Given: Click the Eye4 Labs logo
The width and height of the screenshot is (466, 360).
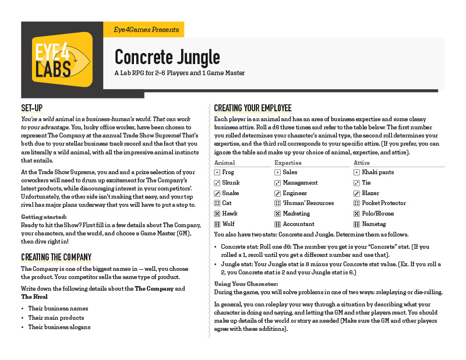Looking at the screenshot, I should (62, 60).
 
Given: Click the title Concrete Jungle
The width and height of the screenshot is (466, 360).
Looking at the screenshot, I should (167, 57).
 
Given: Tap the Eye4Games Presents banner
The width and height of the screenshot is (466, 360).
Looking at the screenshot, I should (142, 30).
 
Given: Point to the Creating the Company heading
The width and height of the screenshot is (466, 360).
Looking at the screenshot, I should (56, 257).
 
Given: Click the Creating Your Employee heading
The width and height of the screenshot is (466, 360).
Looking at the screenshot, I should (252, 109).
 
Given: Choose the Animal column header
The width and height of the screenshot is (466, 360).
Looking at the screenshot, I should (225, 163).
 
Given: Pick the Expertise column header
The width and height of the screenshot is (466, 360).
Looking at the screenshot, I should (288, 163).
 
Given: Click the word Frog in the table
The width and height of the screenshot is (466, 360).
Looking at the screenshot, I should (228, 172).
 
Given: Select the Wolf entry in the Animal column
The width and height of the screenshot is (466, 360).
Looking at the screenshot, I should (229, 224).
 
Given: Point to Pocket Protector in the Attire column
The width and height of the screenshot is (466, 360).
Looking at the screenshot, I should (384, 203).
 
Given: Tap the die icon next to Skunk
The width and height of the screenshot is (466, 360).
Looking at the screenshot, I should (217, 183).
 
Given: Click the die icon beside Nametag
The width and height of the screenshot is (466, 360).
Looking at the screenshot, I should (357, 224).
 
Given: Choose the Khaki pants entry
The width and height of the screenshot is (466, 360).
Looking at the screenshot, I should (378, 172).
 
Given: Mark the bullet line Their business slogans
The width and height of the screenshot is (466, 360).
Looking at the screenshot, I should (59, 327).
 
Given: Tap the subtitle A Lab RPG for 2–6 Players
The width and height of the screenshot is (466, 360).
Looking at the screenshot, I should (179, 73).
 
